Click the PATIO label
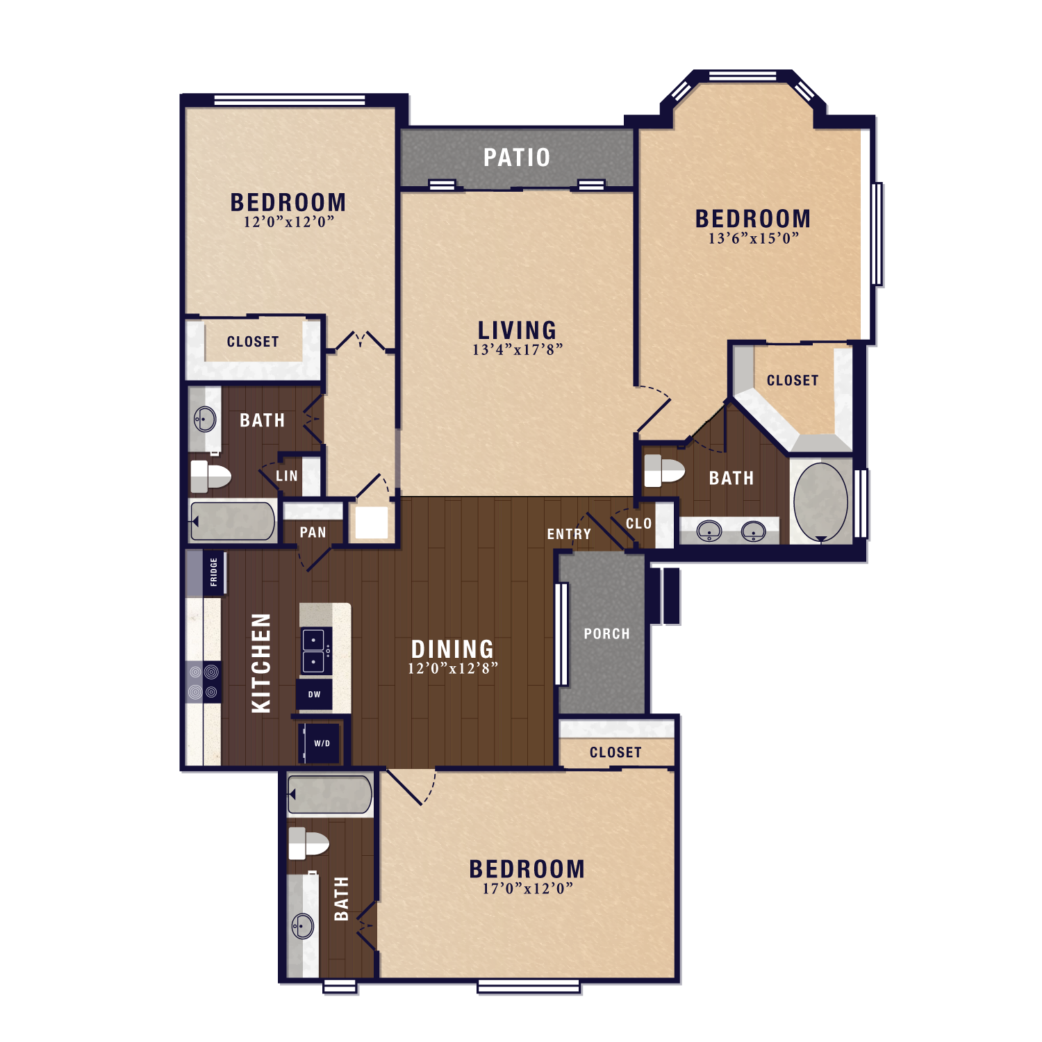517,158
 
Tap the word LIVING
517,330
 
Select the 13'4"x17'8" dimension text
517,350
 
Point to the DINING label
452,650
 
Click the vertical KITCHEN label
261,663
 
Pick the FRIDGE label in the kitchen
214,572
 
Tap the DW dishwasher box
314,694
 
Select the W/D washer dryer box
321,743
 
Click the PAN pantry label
313,533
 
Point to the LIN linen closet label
287,477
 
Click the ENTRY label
569,534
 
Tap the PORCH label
606,634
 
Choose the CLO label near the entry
638,524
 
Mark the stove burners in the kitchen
204,681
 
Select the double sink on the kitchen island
315,651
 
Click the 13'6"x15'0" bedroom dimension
753,239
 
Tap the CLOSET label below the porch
615,752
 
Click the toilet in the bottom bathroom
308,843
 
